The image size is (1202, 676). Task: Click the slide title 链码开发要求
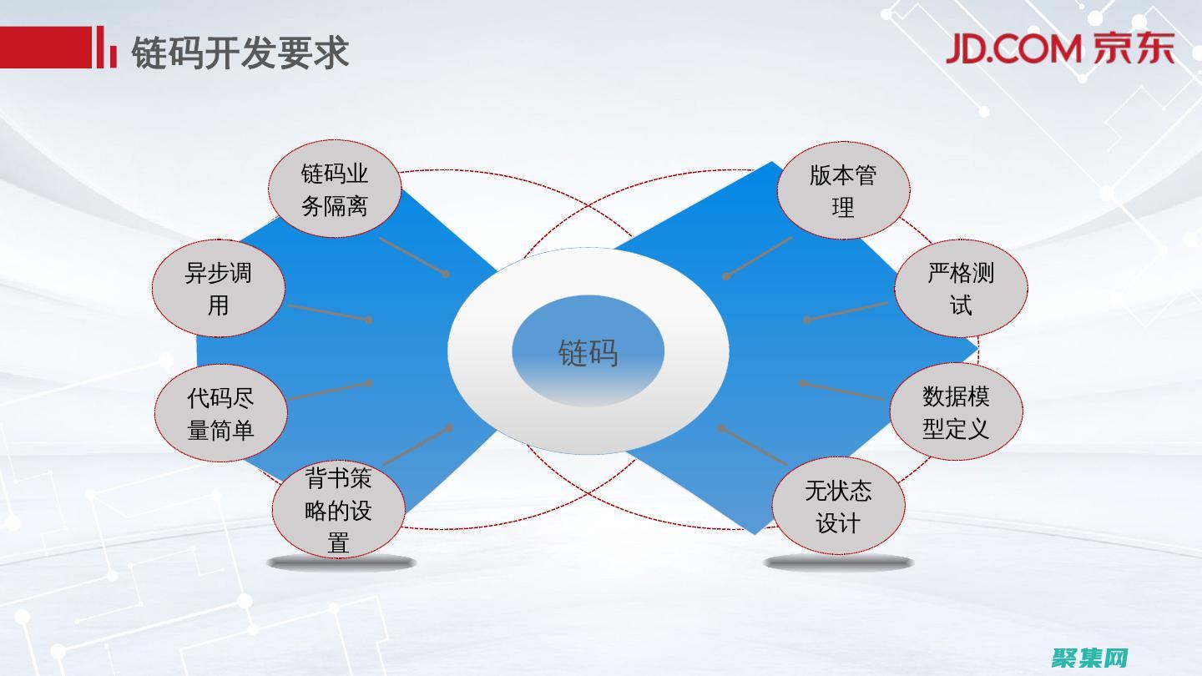(240, 52)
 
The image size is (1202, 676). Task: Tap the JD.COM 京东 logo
(1059, 49)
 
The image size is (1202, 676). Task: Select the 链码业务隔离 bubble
(335, 189)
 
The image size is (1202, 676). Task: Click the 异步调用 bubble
(218, 289)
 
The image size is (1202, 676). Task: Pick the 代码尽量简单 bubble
(220, 413)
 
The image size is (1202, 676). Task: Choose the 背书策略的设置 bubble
(338, 510)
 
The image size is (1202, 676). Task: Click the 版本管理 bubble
(843, 191)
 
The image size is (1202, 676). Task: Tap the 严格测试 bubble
(961, 289)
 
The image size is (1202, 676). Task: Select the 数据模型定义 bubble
(956, 412)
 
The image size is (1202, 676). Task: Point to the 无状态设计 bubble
(838, 507)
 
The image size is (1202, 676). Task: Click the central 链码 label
(588, 352)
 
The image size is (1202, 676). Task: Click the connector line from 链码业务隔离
(413, 256)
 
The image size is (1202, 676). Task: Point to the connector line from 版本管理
(759, 256)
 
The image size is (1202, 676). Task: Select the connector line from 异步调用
(328, 312)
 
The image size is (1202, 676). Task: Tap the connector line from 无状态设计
(754, 446)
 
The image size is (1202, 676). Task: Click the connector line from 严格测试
(847, 311)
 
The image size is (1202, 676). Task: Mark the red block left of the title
(45, 47)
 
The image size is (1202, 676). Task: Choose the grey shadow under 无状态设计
(838, 563)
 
